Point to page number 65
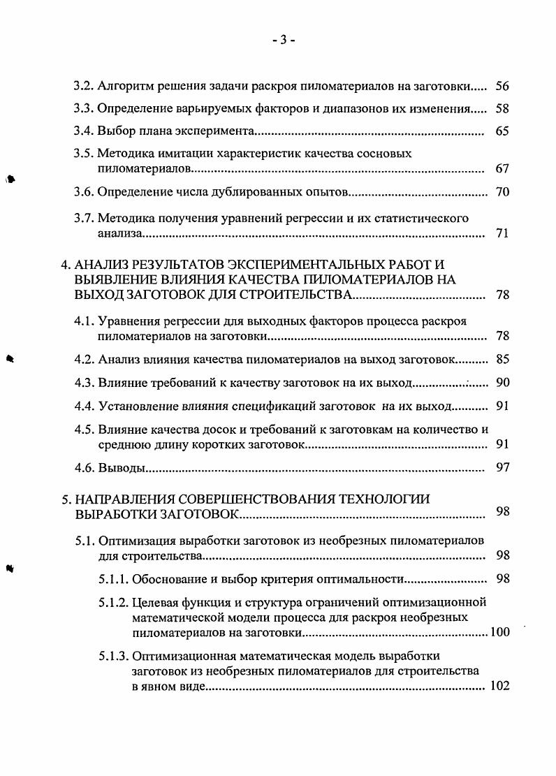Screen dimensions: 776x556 click(x=502, y=131)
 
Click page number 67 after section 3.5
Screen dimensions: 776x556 click(x=502, y=169)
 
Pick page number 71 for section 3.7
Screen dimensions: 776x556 click(x=502, y=233)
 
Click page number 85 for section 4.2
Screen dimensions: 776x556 click(x=502, y=359)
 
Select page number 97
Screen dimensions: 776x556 click(x=502, y=467)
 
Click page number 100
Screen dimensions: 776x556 click(x=499, y=633)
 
